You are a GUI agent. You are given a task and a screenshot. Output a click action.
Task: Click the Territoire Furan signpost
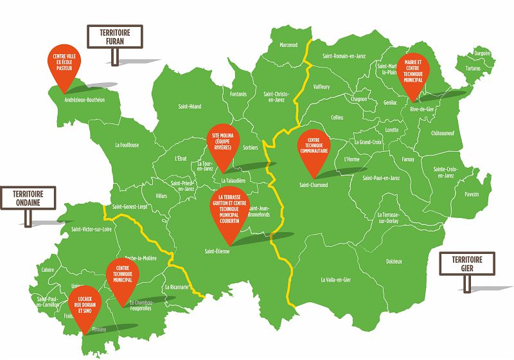114,37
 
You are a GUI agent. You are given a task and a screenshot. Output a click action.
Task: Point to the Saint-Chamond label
314,185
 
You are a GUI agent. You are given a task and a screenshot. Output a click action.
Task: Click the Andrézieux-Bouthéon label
85,100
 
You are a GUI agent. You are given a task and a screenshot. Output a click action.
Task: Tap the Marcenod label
289,45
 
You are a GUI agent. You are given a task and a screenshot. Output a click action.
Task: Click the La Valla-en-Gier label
335,280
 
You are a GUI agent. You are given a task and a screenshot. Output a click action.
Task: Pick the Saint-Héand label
190,107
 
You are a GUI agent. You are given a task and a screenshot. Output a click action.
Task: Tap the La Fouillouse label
127,145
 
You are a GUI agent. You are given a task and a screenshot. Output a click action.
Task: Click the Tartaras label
473,67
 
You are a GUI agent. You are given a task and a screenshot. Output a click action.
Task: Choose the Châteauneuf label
443,133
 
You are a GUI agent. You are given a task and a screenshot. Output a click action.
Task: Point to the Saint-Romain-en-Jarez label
344,57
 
